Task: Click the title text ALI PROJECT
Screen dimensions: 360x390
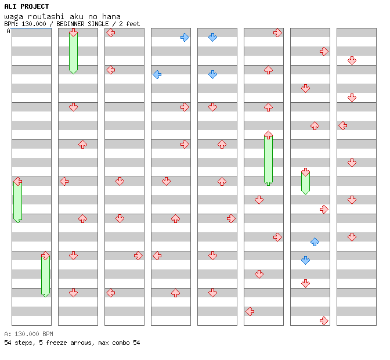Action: [x=27, y=6]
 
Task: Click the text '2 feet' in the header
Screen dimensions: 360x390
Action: [x=129, y=24]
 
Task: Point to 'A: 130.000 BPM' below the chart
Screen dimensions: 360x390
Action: [x=28, y=334]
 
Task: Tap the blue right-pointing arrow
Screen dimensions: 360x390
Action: [x=185, y=37]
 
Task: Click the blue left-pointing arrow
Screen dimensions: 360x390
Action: [x=157, y=74]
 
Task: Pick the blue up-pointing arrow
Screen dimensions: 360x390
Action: [x=315, y=242]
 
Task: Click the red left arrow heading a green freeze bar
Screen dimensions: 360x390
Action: [x=17, y=181]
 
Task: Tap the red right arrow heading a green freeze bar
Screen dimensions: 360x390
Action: [x=45, y=255]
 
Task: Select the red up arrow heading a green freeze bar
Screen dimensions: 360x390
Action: [x=268, y=135]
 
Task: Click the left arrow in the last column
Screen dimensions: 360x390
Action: [x=342, y=125]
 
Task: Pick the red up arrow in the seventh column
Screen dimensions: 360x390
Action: [x=315, y=125]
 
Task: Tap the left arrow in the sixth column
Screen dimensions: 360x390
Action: [x=250, y=311]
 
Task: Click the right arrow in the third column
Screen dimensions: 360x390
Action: [x=138, y=255]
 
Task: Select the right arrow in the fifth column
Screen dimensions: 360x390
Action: [x=231, y=218]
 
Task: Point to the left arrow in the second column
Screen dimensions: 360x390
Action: [x=64, y=181]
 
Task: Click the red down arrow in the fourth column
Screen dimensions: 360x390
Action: [x=166, y=181]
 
